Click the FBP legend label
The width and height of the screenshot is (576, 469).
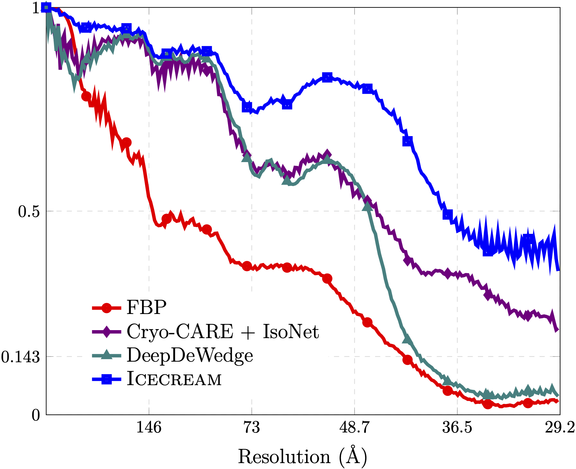[146, 308]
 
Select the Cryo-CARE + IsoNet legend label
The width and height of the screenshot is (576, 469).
[223, 332]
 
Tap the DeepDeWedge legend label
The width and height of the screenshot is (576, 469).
[190, 355]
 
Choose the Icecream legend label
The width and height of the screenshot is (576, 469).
[174, 379]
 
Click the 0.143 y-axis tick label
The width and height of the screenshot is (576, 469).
[20, 357]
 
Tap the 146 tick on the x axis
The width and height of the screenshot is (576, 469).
[149, 428]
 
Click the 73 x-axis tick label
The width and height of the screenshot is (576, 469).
[252, 428]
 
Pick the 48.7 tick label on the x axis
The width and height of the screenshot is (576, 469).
[354, 428]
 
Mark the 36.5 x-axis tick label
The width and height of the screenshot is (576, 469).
[457, 428]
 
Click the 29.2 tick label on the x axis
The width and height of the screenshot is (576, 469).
[560, 428]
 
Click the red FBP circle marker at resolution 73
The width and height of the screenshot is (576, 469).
[247, 266]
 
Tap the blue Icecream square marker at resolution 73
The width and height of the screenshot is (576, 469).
[247, 107]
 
